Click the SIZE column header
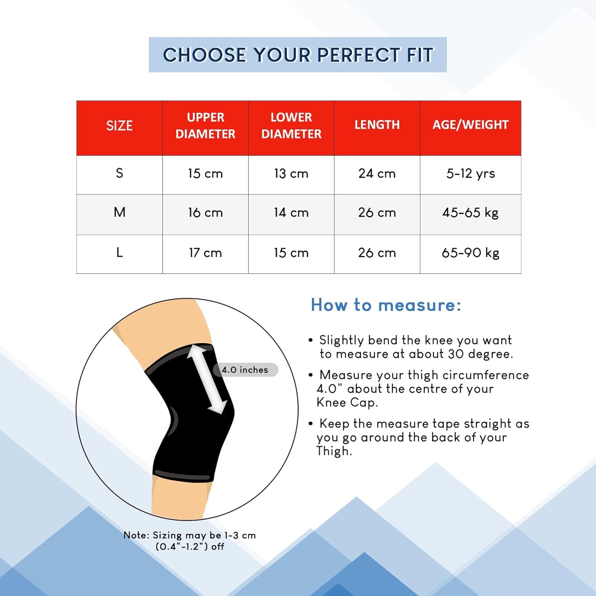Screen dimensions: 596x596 [x=119, y=126]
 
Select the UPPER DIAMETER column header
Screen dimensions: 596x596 [x=205, y=126]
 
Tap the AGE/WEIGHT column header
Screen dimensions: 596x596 [x=470, y=125]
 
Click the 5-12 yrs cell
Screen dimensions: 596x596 [x=470, y=174]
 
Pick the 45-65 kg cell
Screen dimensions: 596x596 [x=470, y=213]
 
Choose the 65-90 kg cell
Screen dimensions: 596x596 [x=470, y=253]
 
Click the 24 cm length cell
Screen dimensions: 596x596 [x=377, y=173]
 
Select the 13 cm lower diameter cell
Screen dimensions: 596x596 [x=291, y=173]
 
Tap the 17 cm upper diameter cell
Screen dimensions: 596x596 [x=205, y=253]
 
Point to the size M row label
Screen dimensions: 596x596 [x=120, y=212]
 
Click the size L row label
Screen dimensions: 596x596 [x=120, y=252]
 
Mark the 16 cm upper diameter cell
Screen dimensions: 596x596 [x=205, y=213]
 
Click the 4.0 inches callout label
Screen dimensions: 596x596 [x=245, y=370]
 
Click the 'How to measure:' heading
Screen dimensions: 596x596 [x=386, y=305]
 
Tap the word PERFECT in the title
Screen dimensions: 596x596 [x=359, y=55]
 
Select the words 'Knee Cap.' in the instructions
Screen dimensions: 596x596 [x=347, y=402]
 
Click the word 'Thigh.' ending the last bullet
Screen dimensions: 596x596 [x=334, y=451]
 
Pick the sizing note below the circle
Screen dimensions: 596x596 [x=190, y=541]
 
